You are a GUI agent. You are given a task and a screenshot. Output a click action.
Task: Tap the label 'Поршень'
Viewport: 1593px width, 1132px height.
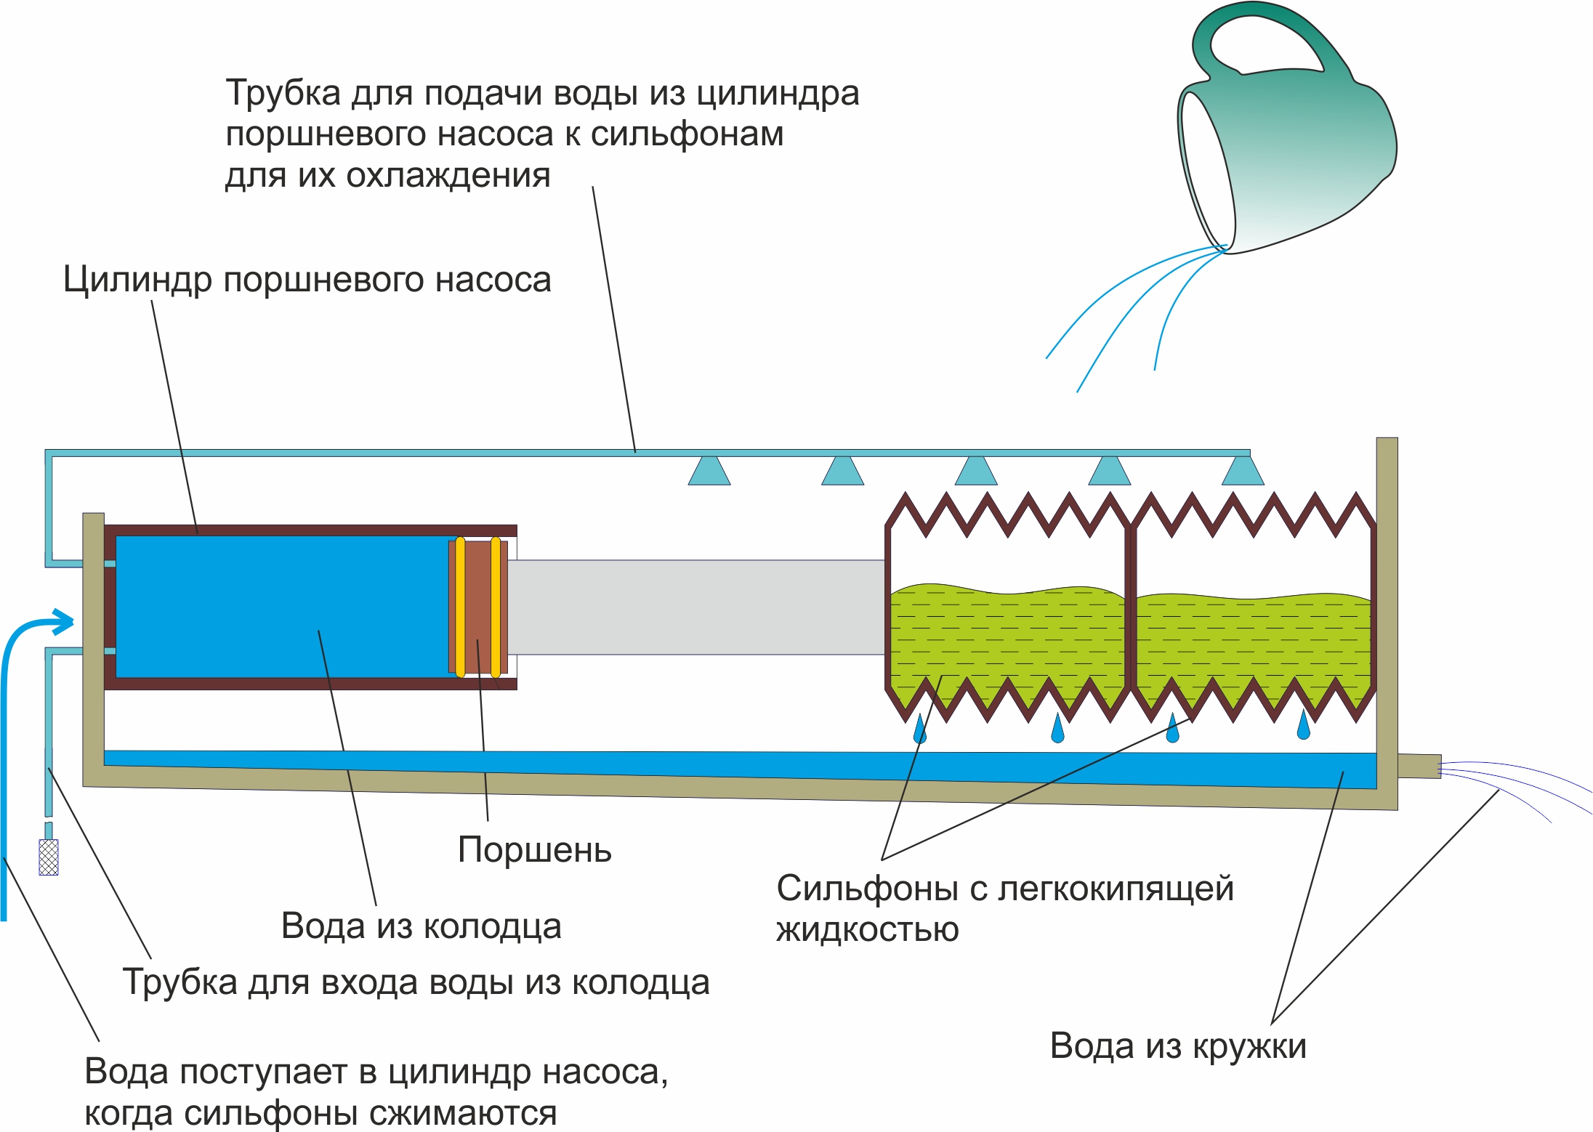point(535,849)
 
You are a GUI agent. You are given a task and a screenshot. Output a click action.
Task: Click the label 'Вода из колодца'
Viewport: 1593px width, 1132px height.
point(421,926)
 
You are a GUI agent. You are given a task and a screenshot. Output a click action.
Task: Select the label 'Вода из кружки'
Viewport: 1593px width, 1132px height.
point(1178,1046)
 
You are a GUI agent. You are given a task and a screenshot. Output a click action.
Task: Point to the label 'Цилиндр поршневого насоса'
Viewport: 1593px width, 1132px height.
point(307,280)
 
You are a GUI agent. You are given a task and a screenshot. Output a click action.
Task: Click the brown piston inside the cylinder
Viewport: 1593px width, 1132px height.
point(478,607)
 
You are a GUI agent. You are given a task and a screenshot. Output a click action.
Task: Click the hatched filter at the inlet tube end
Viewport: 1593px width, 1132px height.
point(49,857)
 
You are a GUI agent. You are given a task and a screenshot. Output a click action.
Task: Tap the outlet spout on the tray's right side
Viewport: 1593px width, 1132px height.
point(1419,767)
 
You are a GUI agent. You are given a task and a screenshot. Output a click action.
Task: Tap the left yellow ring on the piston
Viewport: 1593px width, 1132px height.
point(460,607)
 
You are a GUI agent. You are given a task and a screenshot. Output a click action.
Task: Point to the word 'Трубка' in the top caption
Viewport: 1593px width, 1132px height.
point(283,94)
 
